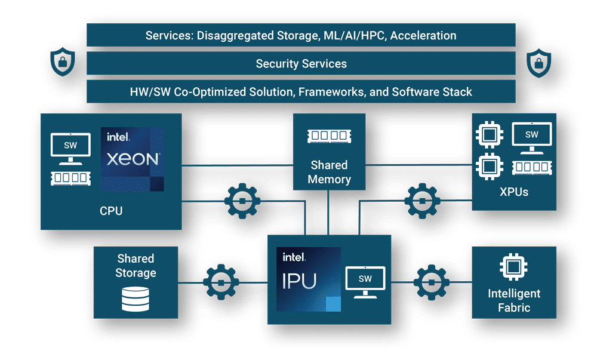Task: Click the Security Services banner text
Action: tap(301, 64)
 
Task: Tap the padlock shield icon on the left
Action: tap(62, 63)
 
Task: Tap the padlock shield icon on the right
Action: tap(538, 63)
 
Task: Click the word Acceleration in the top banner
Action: tap(420, 36)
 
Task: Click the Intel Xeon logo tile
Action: tap(133, 159)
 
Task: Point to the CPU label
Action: tap(111, 211)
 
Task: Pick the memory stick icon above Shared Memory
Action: tap(328, 137)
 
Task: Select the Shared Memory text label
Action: tap(329, 172)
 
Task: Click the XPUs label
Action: tap(514, 192)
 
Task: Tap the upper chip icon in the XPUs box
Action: tap(489, 135)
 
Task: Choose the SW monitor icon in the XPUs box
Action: tap(531, 139)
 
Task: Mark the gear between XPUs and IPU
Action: tap(422, 201)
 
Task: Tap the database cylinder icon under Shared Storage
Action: tap(136, 299)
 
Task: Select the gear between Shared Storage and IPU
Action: tap(220, 282)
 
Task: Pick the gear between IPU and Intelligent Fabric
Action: tap(431, 282)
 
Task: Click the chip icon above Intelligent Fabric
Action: tap(513, 267)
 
